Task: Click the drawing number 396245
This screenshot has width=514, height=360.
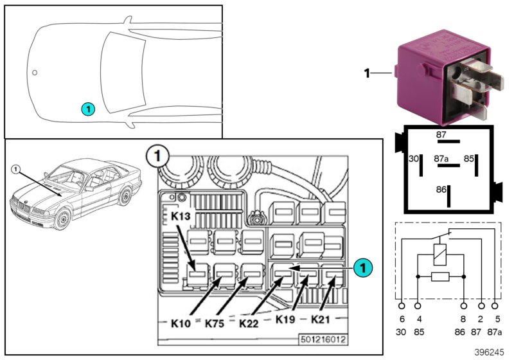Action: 490,352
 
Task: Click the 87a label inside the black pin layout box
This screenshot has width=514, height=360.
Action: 441,157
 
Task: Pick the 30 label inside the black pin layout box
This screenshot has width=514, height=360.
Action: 414,157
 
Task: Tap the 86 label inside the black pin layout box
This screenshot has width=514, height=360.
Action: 441,190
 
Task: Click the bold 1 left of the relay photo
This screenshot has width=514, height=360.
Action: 368,74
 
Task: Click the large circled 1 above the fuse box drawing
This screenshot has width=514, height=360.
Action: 157,155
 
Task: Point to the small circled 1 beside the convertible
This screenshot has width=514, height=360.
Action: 17,170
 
